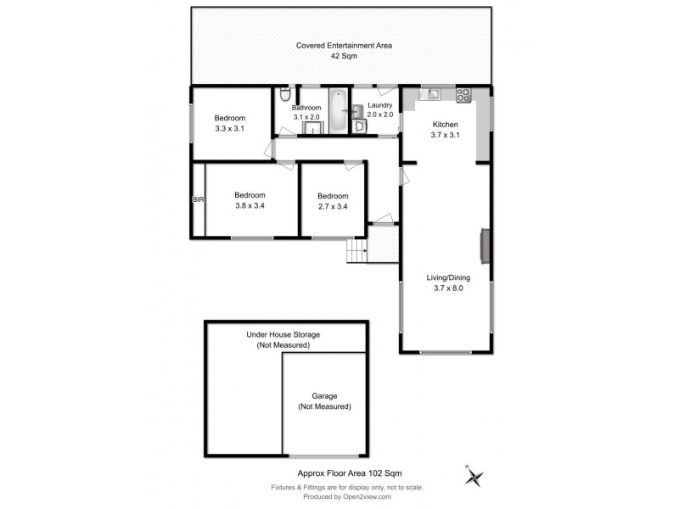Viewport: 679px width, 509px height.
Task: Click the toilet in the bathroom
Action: pos(283,94)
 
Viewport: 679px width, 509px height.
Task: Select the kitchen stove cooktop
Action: pos(463,95)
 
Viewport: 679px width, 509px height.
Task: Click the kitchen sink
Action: pos(432,94)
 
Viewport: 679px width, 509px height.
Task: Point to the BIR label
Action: pos(198,199)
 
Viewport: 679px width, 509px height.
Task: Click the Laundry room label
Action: pos(379,105)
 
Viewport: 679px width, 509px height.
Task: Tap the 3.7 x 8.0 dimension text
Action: pos(447,288)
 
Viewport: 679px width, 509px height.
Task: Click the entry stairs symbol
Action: pos(356,250)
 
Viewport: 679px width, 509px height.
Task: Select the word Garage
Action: pos(324,395)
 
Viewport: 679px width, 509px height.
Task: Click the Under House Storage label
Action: pos(283,335)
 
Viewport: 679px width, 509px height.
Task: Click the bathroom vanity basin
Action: pos(311,127)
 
